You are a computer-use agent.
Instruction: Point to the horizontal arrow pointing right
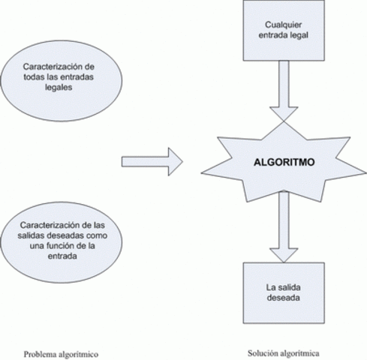[x=152, y=160]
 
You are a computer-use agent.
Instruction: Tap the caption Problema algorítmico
[x=62, y=354]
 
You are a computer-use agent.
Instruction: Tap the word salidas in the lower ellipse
[x=38, y=235]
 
